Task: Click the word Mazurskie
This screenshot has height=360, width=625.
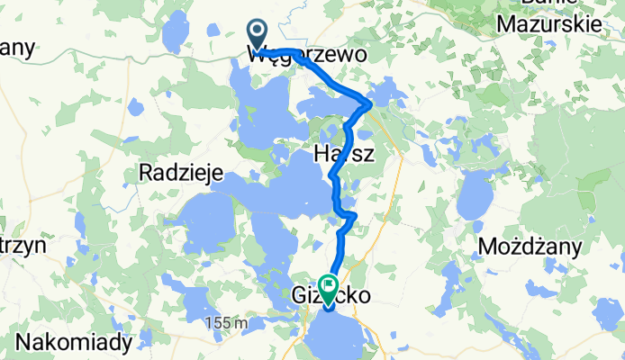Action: click(x=549, y=24)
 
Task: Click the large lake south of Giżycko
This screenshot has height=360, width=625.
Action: click(x=337, y=333)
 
